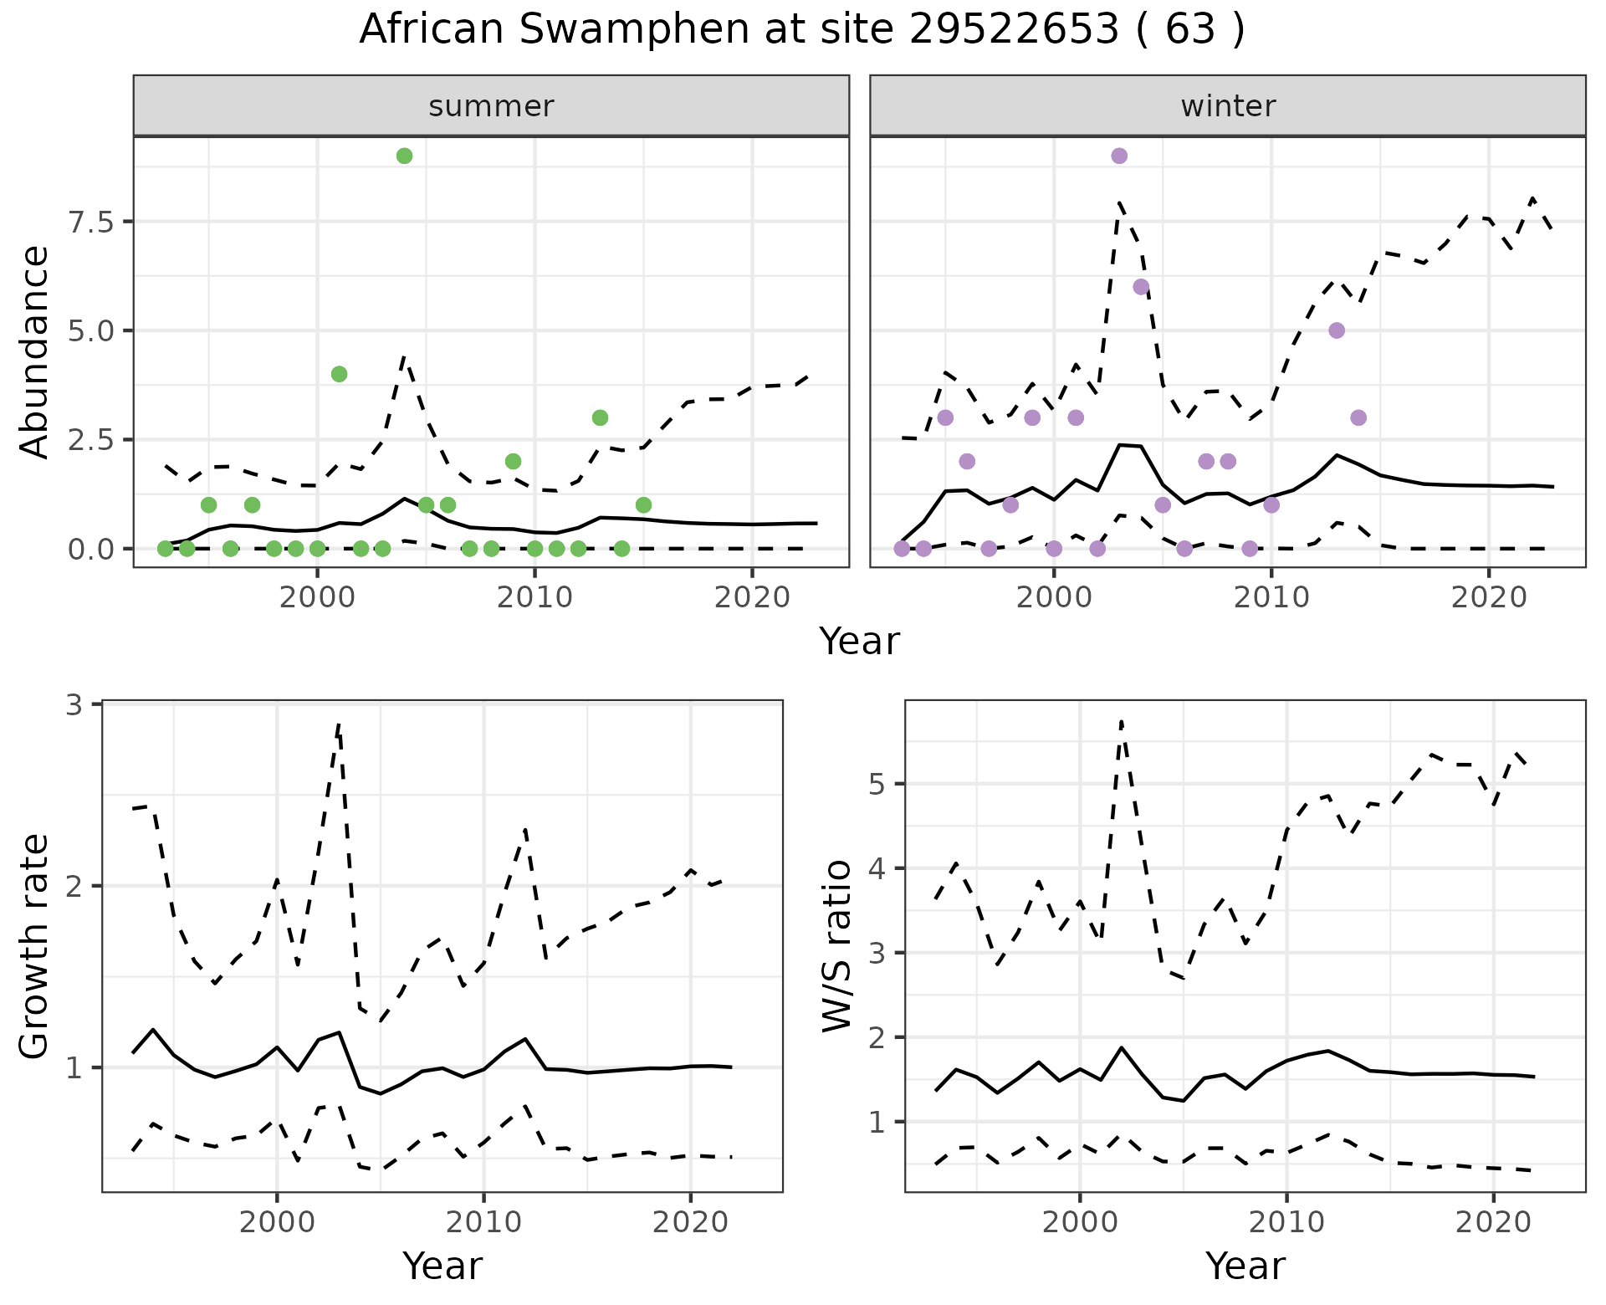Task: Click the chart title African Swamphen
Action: pyautogui.click(x=801, y=30)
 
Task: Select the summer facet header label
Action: pyautogui.click(x=491, y=106)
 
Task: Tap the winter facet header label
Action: pyautogui.click(x=1228, y=106)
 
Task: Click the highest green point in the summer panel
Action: pyautogui.click(x=404, y=156)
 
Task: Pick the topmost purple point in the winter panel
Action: pyautogui.click(x=1119, y=156)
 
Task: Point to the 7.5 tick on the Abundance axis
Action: pyautogui.click(x=90, y=222)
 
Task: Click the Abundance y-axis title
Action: pyautogui.click(x=34, y=351)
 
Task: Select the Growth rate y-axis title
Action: pyautogui.click(x=34, y=946)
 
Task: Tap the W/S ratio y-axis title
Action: pyautogui.click(x=837, y=946)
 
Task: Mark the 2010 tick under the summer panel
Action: pyautogui.click(x=534, y=597)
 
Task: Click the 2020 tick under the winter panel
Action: pyautogui.click(x=1488, y=597)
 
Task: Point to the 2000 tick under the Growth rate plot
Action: pyautogui.click(x=277, y=1222)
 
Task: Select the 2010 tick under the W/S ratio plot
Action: pyautogui.click(x=1286, y=1222)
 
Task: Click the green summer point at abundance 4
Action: pyautogui.click(x=339, y=374)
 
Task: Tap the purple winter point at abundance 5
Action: pyautogui.click(x=1337, y=330)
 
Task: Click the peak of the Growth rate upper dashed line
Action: pyautogui.click(x=338, y=724)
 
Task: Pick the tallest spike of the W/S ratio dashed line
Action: pyautogui.click(x=1121, y=721)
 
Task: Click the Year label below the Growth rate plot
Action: pyautogui.click(x=442, y=1267)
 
